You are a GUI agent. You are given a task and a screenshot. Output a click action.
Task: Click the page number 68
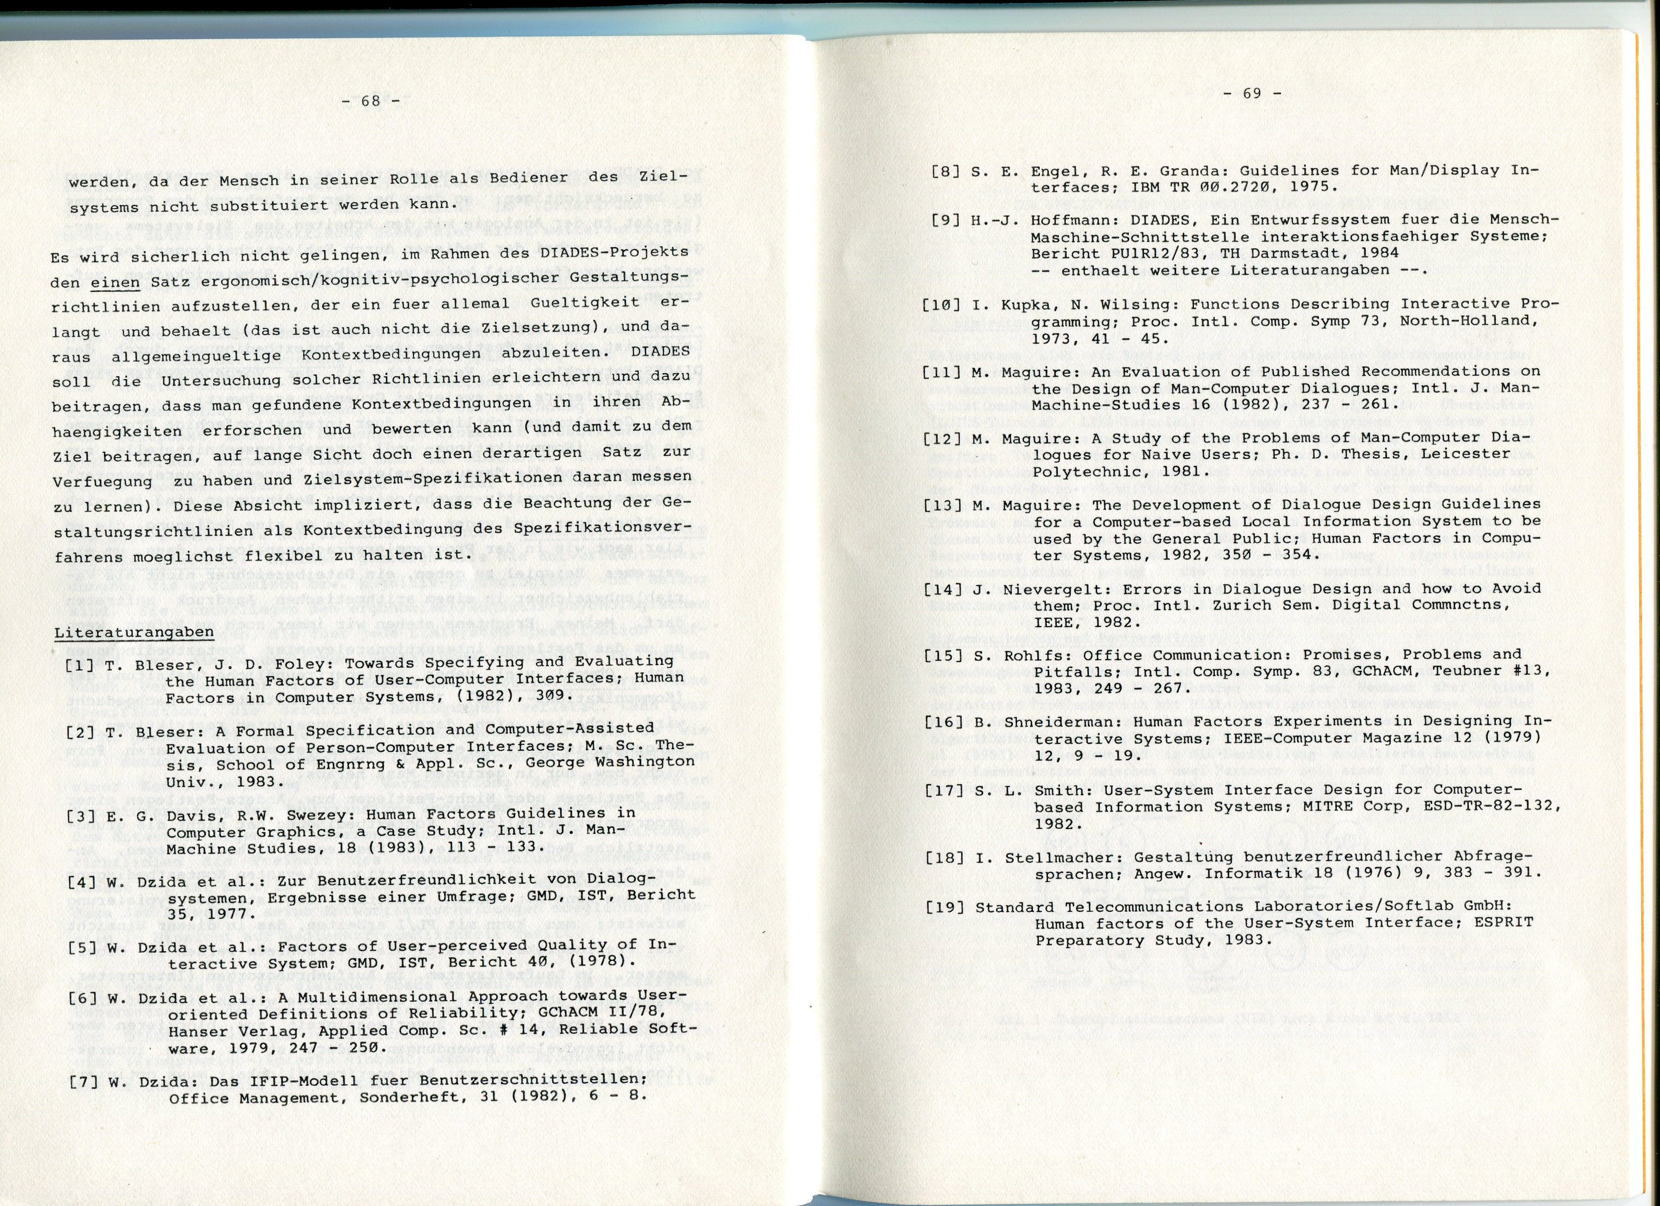point(370,102)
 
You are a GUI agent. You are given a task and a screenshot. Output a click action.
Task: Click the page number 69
point(1252,94)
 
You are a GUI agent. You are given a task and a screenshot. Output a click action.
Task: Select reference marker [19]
point(944,908)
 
